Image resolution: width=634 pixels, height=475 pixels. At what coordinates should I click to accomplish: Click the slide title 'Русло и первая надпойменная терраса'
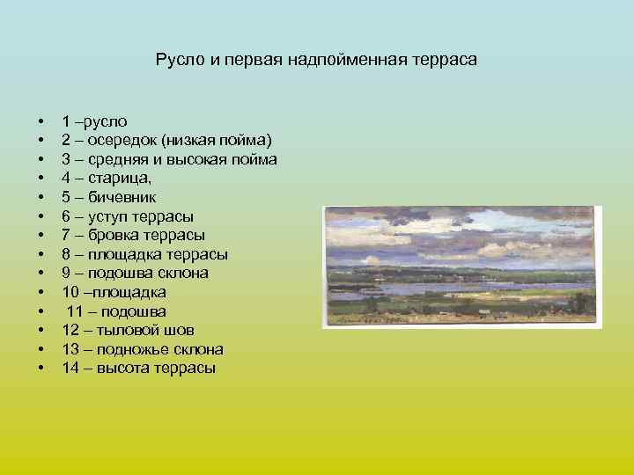coord(316,60)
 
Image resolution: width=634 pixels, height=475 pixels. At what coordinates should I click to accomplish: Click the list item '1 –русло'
coord(95,121)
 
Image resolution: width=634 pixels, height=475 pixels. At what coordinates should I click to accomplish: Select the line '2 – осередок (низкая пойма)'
coord(166,141)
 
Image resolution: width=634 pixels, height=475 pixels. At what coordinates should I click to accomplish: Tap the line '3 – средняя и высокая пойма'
coord(169,159)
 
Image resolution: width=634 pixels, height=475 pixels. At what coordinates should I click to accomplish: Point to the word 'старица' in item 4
coord(126,179)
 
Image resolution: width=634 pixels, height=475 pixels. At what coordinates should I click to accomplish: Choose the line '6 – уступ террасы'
coord(128,216)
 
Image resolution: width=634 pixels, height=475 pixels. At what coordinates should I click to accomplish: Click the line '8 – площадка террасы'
coord(144,254)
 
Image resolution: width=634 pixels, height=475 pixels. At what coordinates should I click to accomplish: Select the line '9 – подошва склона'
coord(135,274)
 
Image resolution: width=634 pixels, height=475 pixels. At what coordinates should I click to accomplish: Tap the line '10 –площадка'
coord(114,292)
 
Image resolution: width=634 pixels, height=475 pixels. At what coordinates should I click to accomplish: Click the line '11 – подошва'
coord(116,311)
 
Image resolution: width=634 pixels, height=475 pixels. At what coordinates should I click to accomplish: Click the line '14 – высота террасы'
coord(138,369)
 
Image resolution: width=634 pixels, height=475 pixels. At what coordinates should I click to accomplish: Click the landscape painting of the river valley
coord(462,267)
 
